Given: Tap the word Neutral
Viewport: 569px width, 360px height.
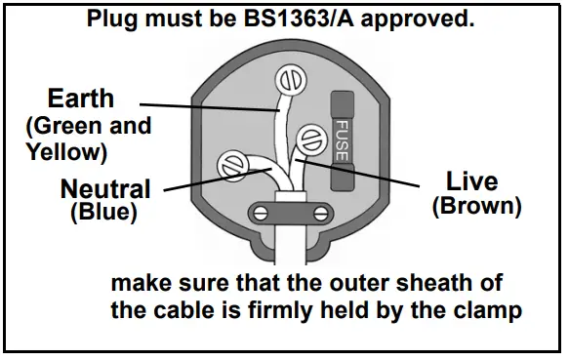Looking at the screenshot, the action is (x=105, y=188).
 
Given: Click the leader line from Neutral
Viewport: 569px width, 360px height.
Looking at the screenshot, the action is (x=195, y=180).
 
